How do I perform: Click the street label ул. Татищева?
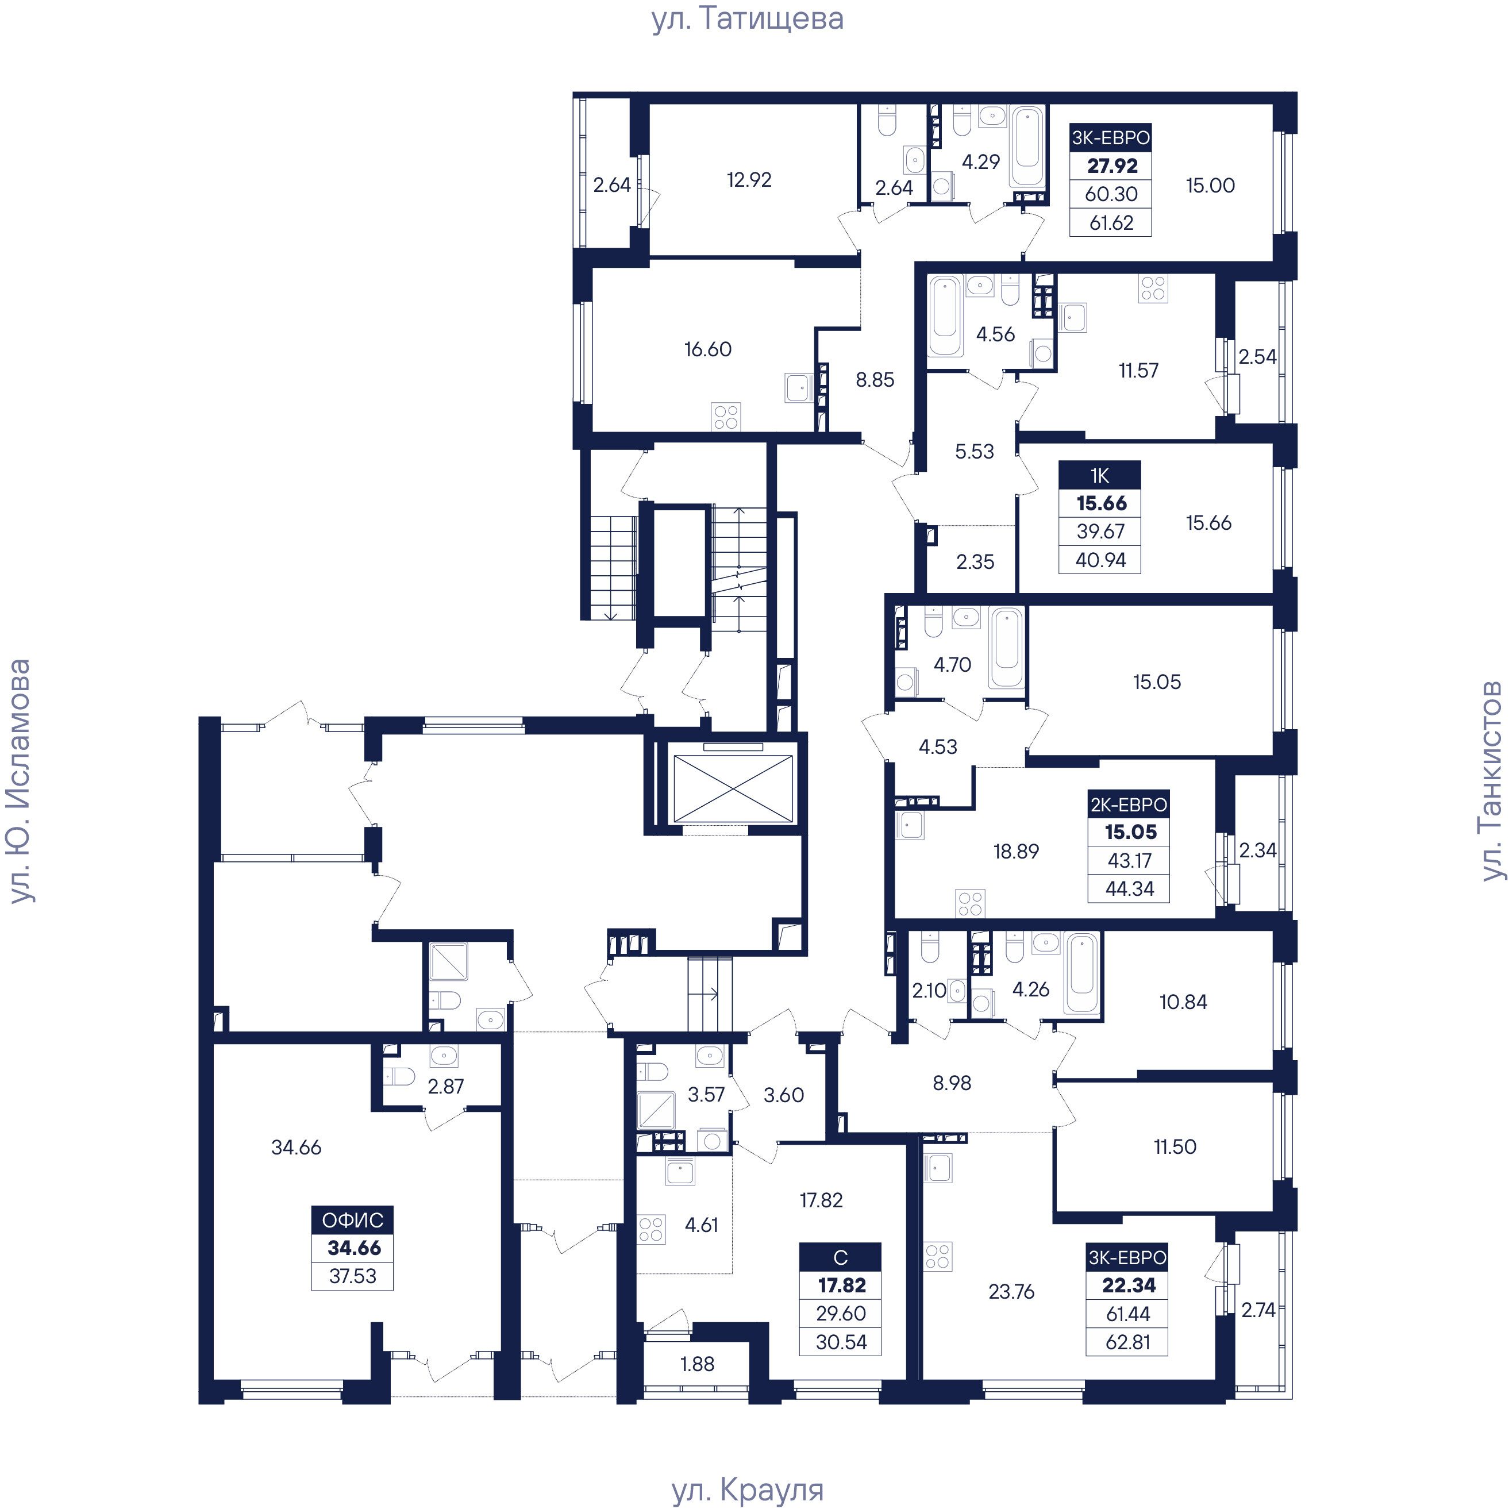coord(748,20)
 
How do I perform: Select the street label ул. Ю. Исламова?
coord(19,781)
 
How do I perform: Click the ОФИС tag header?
coord(352,1220)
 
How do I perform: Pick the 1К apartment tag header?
coord(1100,475)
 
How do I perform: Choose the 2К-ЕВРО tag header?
coord(1129,804)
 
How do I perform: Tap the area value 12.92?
coord(749,180)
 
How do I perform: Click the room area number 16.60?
coord(707,349)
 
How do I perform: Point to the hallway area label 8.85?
coord(875,380)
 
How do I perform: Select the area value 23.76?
coord(1011,1292)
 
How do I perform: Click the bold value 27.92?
coord(1112,165)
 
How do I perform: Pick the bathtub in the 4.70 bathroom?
coord(1007,648)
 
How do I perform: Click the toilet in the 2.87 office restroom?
coord(399,1076)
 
